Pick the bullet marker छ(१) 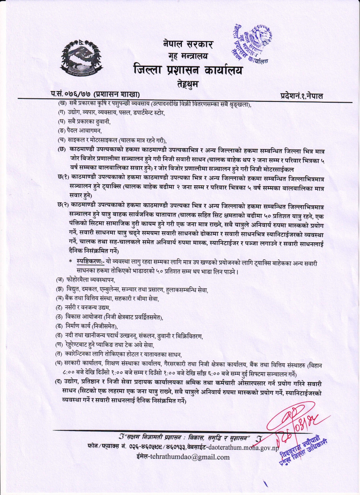click(x=62, y=177)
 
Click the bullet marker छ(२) click(x=62, y=205)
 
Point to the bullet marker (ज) click(x=60, y=280)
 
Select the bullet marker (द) click(x=59, y=383)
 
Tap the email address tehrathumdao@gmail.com click(x=183, y=457)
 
